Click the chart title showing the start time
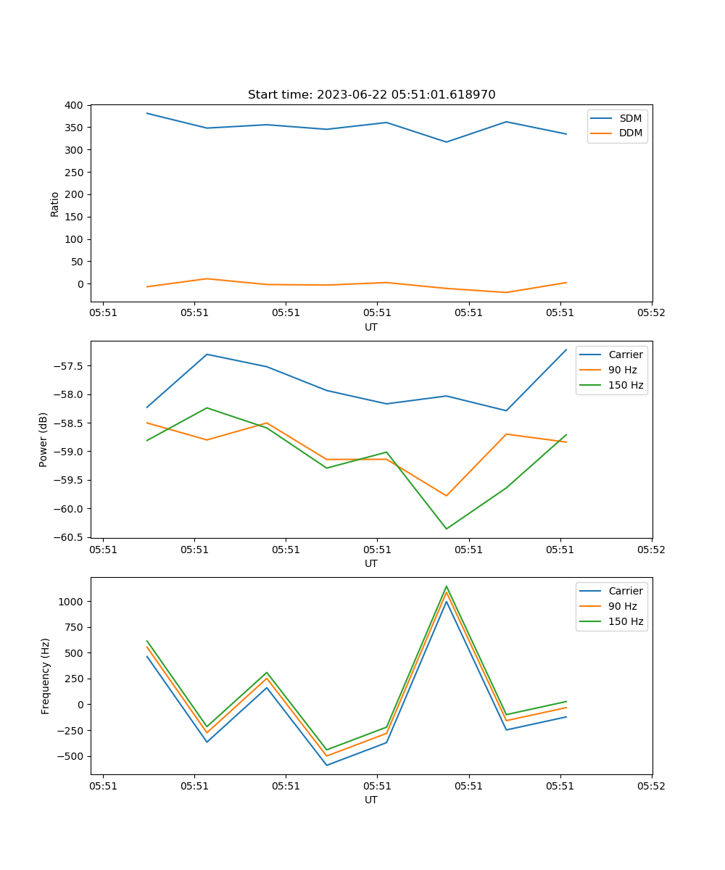tap(371, 95)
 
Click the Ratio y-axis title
tap(55, 204)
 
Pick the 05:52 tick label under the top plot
tap(651, 313)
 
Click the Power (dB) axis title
tap(43, 439)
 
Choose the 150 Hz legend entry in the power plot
tap(625, 385)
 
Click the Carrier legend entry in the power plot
tap(625, 355)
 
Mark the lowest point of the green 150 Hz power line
tap(446, 529)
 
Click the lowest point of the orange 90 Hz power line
tap(446, 496)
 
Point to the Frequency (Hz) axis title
tap(45, 676)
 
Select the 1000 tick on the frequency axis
tap(72, 602)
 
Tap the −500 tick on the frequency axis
tap(72, 756)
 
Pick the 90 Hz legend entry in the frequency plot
tap(625, 606)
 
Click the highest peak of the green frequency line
tap(446, 587)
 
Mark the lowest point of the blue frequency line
tap(326, 765)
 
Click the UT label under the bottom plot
tap(371, 800)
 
